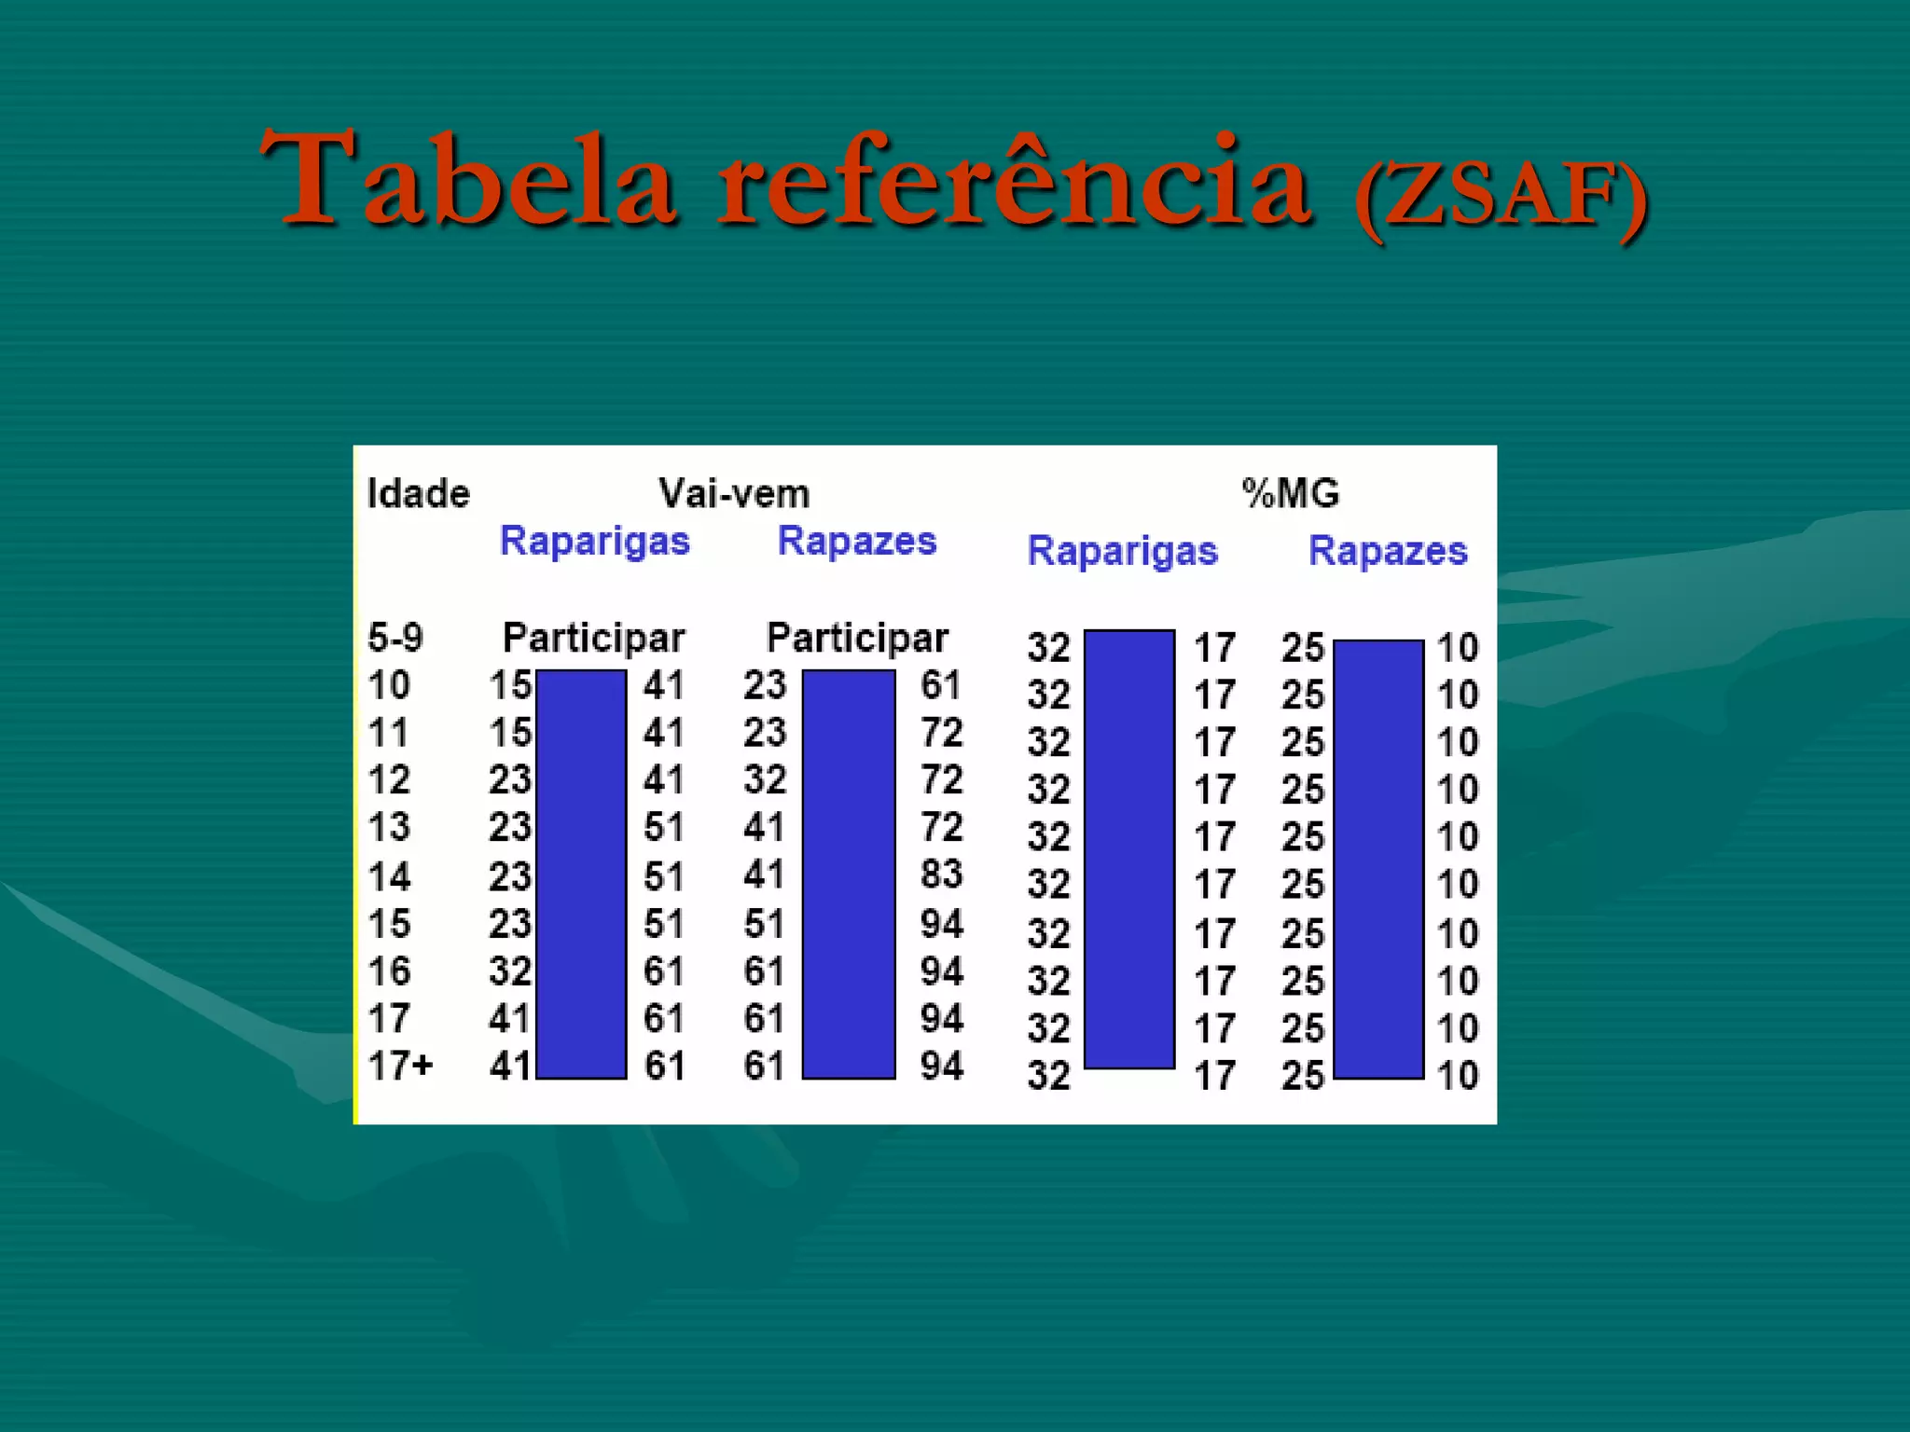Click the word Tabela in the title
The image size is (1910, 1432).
[466, 179]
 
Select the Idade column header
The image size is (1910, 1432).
[418, 493]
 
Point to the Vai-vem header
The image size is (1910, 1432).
[734, 493]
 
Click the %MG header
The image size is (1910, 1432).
[1291, 493]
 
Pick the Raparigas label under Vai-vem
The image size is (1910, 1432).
[594, 542]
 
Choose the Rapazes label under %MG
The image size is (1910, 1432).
[1388, 551]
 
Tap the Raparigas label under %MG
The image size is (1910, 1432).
[1122, 551]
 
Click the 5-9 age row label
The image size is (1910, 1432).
[395, 639]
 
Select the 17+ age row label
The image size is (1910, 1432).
[401, 1066]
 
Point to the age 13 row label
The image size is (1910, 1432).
[389, 827]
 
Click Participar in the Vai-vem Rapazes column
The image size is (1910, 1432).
[856, 639]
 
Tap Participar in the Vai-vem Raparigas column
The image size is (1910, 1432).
[593, 639]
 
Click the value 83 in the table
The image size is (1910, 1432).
[941, 874]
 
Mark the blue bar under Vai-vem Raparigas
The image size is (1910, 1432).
[581, 874]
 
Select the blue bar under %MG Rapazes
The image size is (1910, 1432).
[1378, 859]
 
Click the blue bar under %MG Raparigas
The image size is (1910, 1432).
[1128, 848]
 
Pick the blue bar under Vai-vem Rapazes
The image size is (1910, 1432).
[849, 874]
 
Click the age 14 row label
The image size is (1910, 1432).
[389, 876]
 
